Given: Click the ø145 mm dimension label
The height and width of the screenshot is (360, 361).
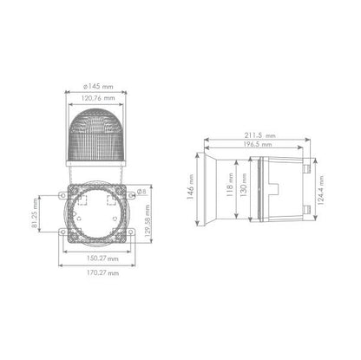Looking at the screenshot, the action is point(98,86).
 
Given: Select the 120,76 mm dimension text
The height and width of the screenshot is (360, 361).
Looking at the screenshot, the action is point(98,98).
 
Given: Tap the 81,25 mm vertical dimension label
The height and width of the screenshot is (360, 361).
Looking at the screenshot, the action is point(35,213).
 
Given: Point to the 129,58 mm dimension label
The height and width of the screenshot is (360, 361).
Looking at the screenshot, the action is point(148,220).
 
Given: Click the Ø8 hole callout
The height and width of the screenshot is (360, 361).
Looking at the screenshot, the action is point(141,192).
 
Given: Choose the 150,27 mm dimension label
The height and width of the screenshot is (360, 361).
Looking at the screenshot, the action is point(102,259).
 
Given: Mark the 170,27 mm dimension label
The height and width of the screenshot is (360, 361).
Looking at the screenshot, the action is point(102,272).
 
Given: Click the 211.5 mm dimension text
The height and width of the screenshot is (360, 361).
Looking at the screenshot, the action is point(260,135).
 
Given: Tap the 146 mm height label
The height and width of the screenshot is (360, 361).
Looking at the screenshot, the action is point(190,187).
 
